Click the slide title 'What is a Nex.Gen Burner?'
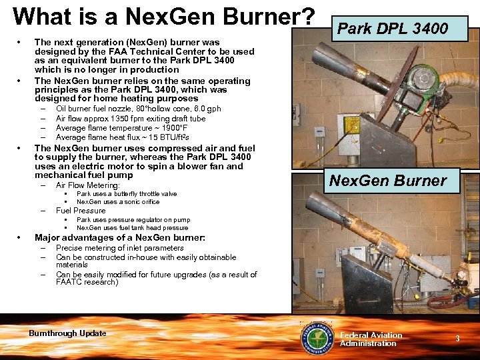pos(163,16)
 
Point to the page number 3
pos(457,339)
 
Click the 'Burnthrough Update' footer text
pos(67,333)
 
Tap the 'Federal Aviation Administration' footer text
pos(371,339)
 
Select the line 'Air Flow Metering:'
pos(87,185)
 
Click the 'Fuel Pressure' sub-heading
pos(81,211)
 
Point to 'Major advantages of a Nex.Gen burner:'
pos(119,237)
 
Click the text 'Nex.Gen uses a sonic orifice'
pos(118,201)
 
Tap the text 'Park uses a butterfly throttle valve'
pos(127,194)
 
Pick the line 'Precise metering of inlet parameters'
pos(119,248)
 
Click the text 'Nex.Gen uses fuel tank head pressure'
pos(132,227)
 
